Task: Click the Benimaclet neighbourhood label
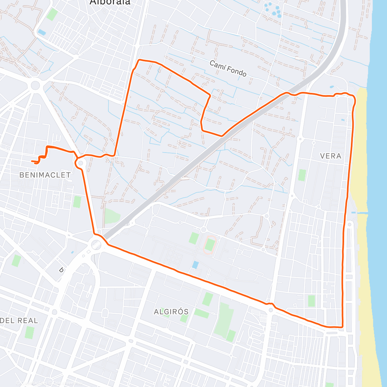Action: tap(45, 175)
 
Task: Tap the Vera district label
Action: tap(331, 156)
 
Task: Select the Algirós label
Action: tap(171, 312)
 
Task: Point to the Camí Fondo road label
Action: tap(228, 68)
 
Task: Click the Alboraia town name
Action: tap(110, 3)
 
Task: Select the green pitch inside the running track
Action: tap(210, 245)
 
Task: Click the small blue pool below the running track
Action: tap(195, 265)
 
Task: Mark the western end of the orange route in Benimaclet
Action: tap(32, 161)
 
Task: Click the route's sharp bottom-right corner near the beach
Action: tap(342, 327)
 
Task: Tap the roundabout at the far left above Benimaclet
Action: tap(35, 85)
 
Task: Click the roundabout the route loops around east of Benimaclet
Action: tap(80, 163)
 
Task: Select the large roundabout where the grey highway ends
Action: tap(96, 244)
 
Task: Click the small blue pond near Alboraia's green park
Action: tap(42, 32)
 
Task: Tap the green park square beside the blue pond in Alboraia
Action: tap(52, 15)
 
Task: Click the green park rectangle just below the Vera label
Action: tap(302, 175)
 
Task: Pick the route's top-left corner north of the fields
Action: tap(139, 60)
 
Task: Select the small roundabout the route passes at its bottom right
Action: tap(271, 310)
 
